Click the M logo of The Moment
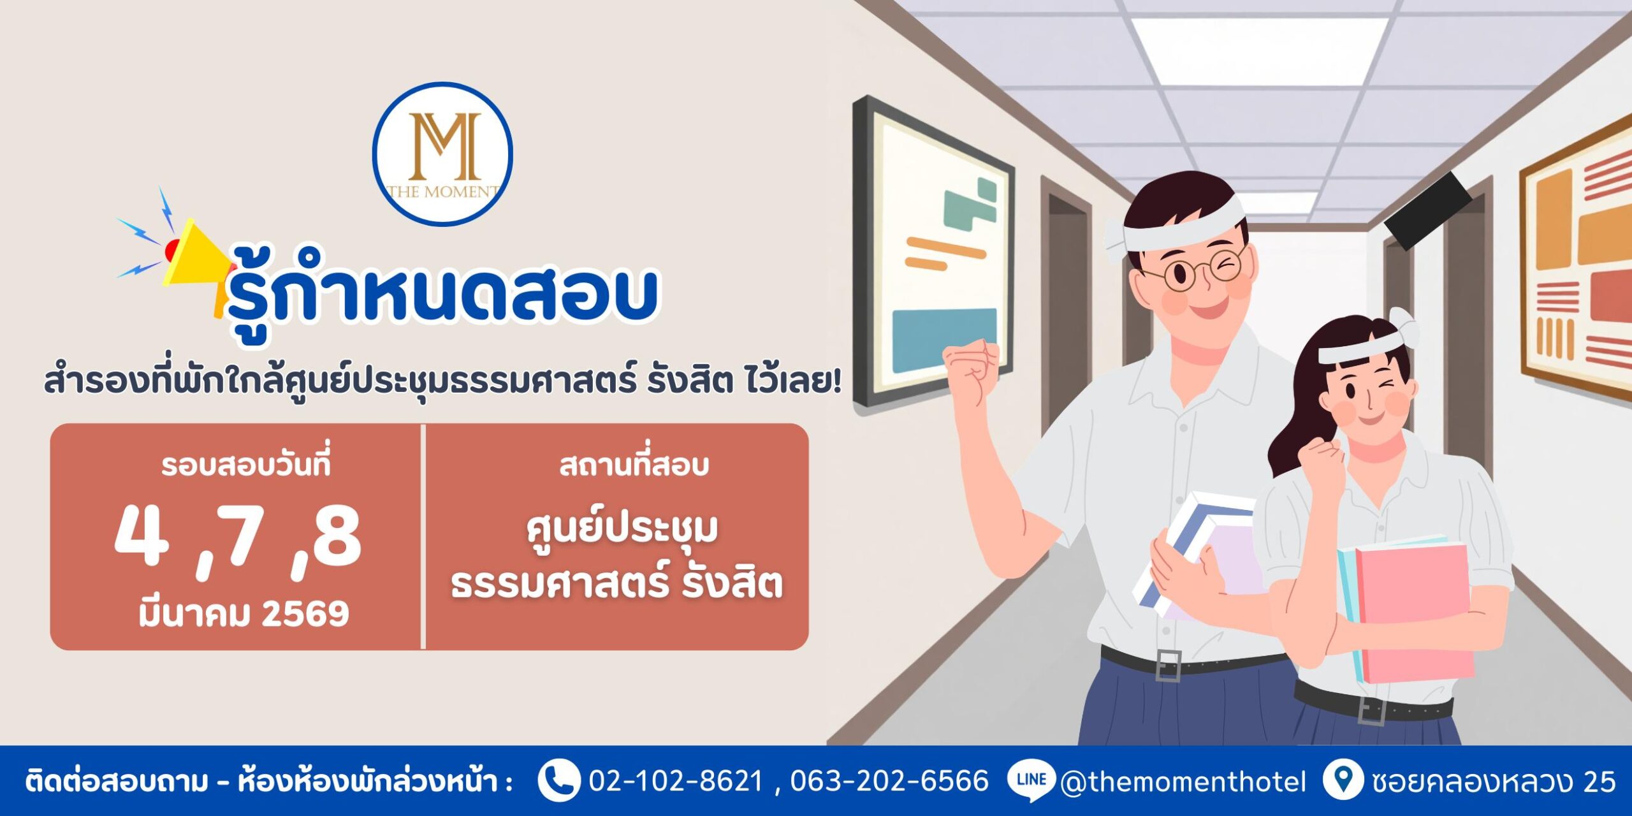click(442, 154)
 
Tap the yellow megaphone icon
click(194, 261)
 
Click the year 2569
click(305, 614)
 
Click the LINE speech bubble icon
click(1031, 781)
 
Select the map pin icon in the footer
click(1343, 780)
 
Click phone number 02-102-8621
click(676, 781)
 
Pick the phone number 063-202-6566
click(889, 781)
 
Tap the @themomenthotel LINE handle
click(1183, 782)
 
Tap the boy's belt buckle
click(1168, 666)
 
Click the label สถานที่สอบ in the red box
click(634, 465)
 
